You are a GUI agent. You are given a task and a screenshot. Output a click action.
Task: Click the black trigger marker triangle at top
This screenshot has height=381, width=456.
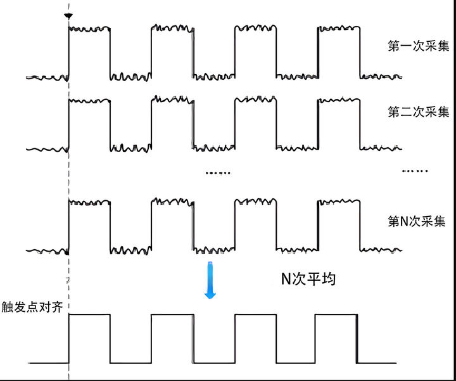[x=68, y=14]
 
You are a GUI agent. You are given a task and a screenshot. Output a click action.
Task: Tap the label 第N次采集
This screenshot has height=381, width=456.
[x=417, y=222]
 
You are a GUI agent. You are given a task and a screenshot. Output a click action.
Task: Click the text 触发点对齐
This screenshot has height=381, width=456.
[x=32, y=306]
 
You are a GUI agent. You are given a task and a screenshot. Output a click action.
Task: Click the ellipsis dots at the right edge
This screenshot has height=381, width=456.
[x=415, y=171]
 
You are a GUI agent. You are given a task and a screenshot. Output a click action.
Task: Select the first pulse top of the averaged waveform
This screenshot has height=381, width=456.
[x=89, y=314]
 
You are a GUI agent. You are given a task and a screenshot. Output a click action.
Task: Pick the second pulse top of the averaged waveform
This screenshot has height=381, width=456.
[x=172, y=314]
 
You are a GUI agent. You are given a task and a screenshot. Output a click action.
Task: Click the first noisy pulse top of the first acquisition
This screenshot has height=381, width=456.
[x=89, y=28]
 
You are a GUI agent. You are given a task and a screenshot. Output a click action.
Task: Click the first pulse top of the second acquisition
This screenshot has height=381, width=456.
[x=89, y=101]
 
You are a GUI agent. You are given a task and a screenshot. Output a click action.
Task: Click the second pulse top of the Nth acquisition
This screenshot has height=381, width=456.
[x=172, y=202]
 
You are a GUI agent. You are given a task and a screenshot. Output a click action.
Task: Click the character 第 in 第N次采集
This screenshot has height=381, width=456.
[x=393, y=222]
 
